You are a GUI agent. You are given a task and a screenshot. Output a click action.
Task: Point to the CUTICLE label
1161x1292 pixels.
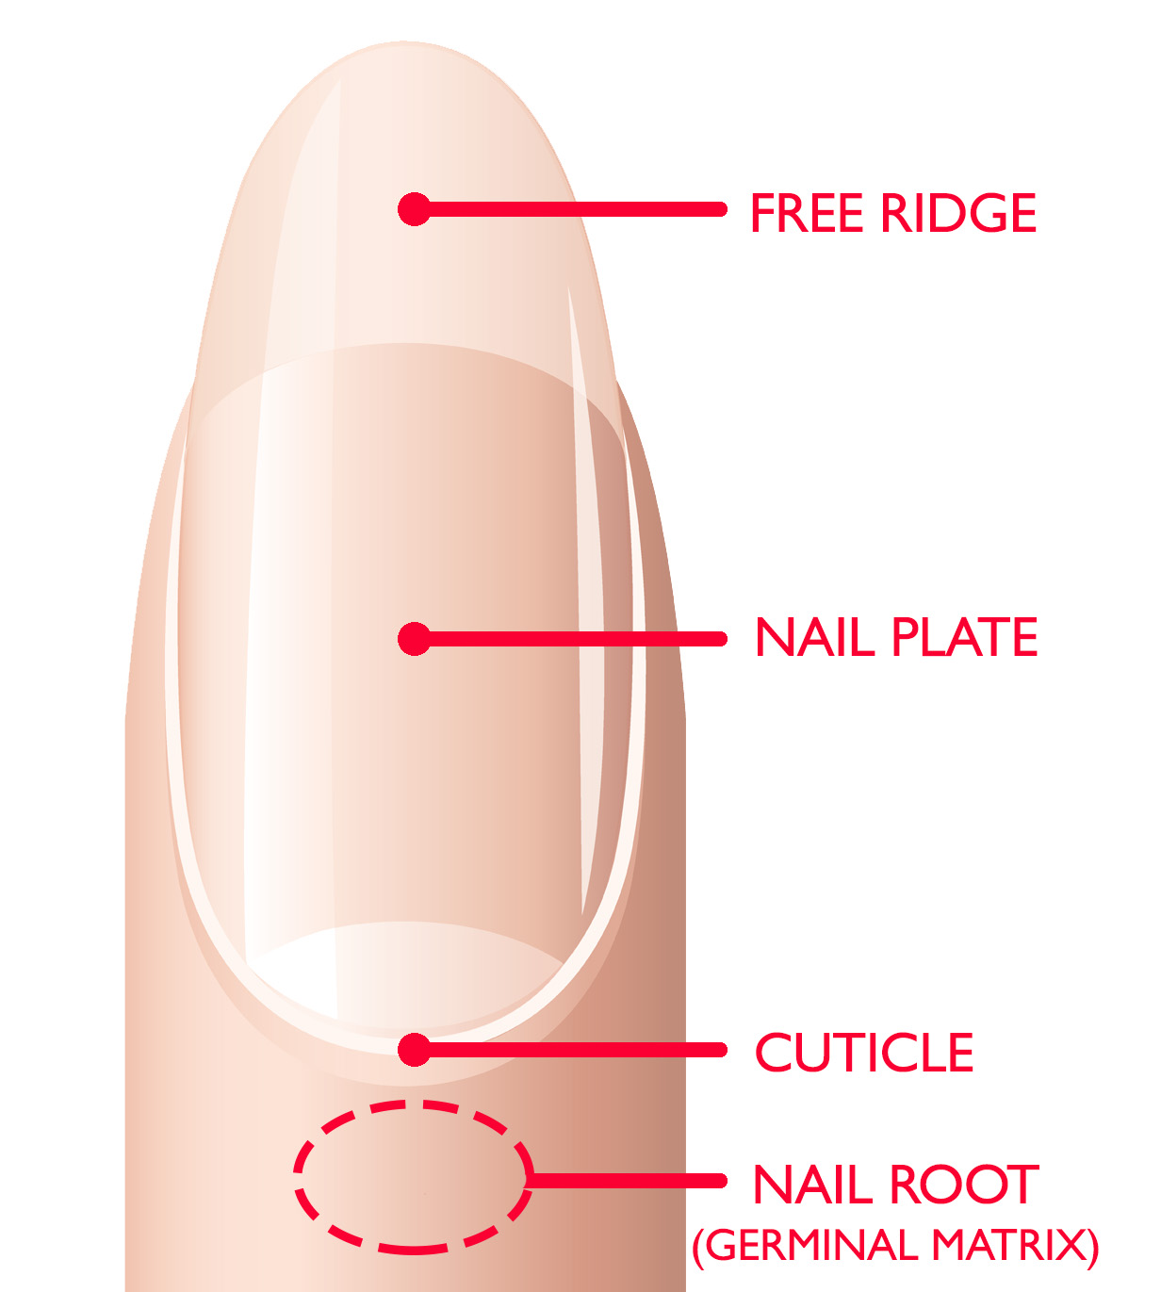864,1053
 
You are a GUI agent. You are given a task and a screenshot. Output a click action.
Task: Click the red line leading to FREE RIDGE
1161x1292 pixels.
575,209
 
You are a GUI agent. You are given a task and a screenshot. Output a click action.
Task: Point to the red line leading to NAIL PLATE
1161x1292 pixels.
575,639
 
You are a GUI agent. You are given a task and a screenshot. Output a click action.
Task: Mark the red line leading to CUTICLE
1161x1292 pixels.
575,1050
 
